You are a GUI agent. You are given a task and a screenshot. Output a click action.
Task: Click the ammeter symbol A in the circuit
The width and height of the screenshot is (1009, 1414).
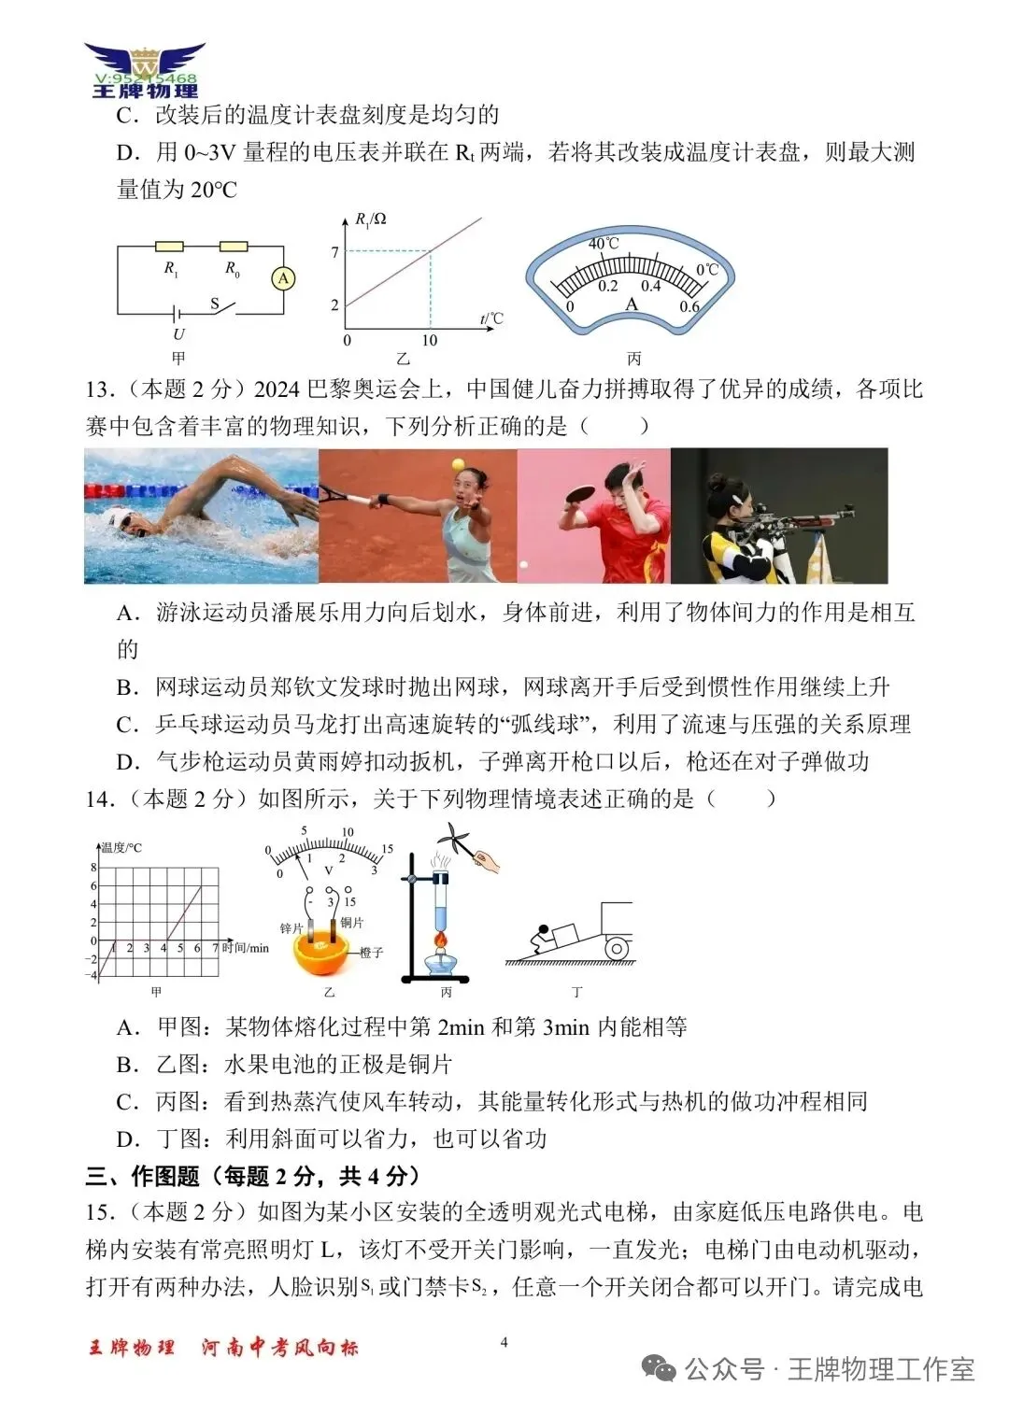point(283,277)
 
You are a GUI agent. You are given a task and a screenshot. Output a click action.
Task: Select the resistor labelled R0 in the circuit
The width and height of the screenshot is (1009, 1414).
point(233,247)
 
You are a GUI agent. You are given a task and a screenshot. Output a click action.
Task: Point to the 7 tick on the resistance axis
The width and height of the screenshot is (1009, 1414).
point(335,251)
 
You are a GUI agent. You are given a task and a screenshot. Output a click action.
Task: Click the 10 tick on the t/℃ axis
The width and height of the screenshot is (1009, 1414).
point(429,340)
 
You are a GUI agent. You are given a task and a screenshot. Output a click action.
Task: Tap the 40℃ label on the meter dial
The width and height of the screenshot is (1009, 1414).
point(604,244)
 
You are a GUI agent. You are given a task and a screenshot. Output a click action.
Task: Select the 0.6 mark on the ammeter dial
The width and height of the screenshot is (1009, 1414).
point(689,306)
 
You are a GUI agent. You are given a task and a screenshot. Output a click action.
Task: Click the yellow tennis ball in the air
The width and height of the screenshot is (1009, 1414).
point(458,464)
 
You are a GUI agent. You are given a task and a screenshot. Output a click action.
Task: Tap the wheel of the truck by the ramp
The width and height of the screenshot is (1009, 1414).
point(617,949)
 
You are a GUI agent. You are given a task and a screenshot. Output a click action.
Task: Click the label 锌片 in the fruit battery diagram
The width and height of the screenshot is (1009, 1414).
point(291,927)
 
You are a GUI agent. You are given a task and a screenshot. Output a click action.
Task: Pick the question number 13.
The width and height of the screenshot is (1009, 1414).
point(100,389)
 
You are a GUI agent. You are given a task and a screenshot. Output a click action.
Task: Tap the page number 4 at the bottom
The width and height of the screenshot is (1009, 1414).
point(504,1342)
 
